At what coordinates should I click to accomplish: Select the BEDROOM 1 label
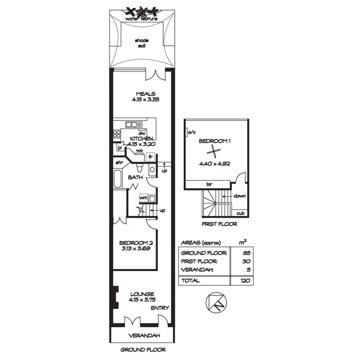215,141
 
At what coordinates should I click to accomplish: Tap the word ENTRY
159,308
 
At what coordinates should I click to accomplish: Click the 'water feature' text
141,19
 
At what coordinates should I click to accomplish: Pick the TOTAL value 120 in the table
242,280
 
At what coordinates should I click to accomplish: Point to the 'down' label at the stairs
240,196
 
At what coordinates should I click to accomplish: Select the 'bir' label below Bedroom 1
209,184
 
